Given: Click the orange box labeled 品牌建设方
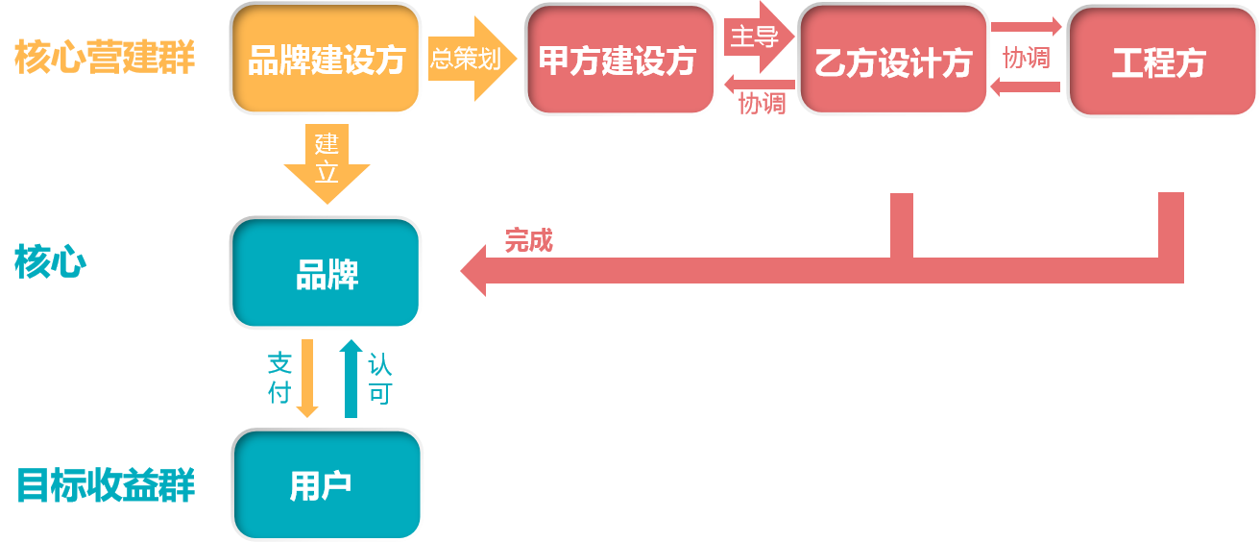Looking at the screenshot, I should (326, 59).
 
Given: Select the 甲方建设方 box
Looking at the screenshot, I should (619, 60).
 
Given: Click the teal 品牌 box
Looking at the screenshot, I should (326, 274).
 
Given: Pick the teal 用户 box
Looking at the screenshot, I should (326, 484).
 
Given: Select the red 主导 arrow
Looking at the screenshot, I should (758, 37).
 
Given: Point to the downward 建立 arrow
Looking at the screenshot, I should (327, 163).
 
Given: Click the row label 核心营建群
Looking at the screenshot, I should (105, 59).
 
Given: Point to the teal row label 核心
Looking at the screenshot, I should (50, 261).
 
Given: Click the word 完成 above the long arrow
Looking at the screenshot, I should (529, 240).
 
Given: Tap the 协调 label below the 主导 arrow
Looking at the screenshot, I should (762, 102).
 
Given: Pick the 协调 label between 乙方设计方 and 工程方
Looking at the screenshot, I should (1026, 58).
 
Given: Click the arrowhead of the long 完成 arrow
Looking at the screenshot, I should (474, 270).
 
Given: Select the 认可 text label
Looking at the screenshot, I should (380, 379).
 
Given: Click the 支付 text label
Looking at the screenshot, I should (279, 378).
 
